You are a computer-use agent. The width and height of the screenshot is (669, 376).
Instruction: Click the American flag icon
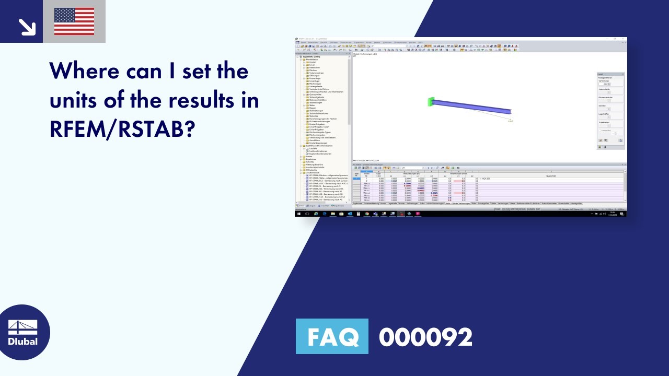click(74, 21)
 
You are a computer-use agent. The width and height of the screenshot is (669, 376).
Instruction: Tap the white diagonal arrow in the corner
click(26, 27)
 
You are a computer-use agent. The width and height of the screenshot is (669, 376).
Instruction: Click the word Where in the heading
click(86, 70)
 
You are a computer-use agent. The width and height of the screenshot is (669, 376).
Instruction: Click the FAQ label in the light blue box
click(332, 337)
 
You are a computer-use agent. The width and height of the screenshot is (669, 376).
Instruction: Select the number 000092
click(425, 337)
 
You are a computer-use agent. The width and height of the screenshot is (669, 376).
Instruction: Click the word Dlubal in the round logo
click(23, 342)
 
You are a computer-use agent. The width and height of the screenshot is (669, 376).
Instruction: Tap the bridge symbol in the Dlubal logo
click(23, 327)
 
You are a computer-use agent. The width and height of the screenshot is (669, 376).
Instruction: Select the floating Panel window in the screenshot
click(610, 111)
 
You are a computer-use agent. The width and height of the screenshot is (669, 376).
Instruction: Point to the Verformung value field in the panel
click(605, 84)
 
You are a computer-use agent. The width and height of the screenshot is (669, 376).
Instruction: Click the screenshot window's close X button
click(624, 39)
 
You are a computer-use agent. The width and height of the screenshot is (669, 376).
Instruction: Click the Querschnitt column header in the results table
click(551, 175)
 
